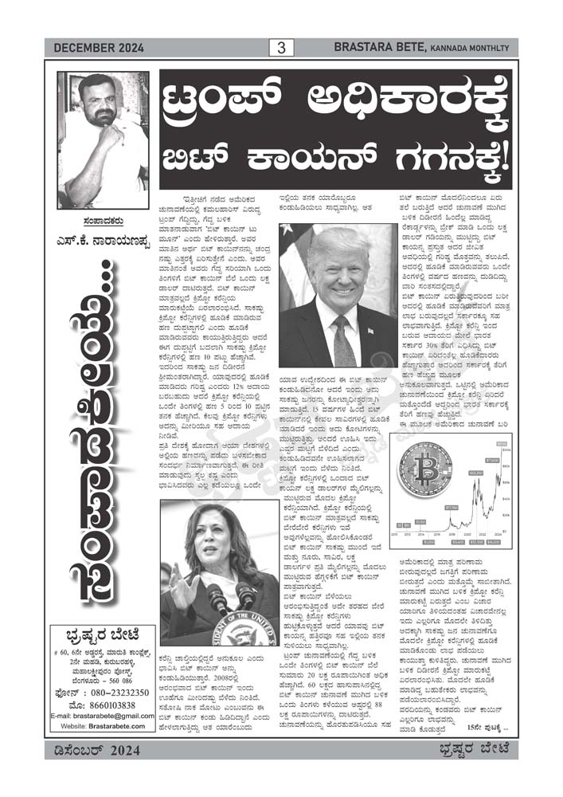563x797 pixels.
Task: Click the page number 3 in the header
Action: point(280,48)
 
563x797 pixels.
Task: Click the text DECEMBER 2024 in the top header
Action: point(99,49)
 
